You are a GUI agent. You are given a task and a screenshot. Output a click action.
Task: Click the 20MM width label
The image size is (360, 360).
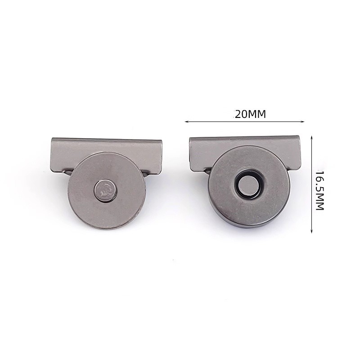(x=250, y=114)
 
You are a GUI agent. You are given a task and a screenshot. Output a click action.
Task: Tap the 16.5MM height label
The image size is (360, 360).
(x=319, y=190)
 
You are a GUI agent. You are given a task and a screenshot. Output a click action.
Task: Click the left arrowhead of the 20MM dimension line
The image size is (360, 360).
(x=186, y=121)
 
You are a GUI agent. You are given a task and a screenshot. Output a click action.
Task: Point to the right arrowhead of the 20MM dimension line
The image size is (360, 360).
(x=302, y=121)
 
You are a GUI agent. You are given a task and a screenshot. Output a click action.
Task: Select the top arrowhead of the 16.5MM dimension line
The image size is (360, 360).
(x=311, y=137)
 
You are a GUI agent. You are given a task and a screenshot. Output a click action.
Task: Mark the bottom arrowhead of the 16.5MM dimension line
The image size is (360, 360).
(x=311, y=231)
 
